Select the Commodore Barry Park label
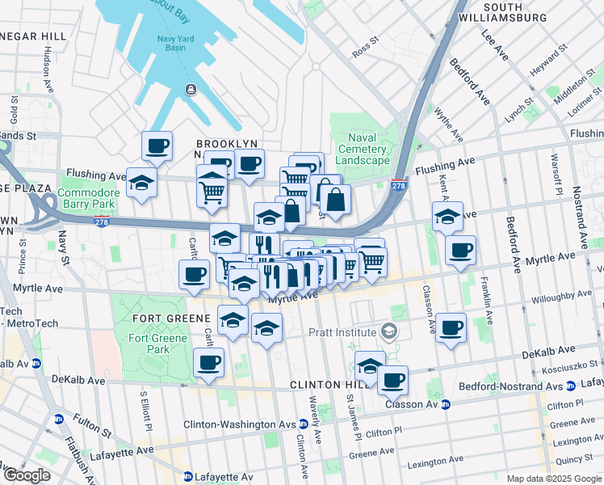click(x=89, y=198)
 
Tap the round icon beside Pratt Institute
click(x=389, y=332)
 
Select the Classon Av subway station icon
click(x=446, y=404)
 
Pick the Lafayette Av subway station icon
click(x=187, y=477)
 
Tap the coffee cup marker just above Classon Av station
click(x=392, y=379)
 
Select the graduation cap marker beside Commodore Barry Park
click(x=141, y=183)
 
